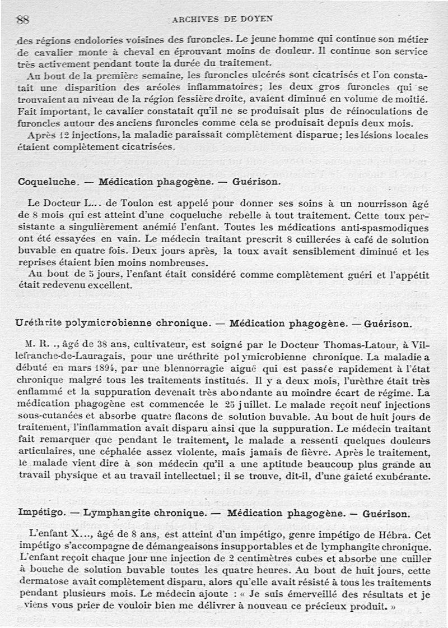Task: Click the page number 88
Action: point(23,20)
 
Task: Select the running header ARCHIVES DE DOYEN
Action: point(223,19)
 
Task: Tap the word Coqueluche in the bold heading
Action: point(46,182)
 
